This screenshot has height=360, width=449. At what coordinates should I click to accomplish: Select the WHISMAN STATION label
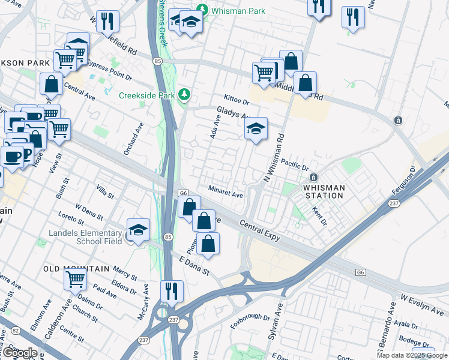click(325, 191)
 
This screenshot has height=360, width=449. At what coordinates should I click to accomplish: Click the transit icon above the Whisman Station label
click(313, 178)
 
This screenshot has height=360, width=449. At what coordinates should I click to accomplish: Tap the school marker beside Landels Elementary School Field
click(138, 230)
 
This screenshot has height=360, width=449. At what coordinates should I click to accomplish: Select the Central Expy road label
click(260, 230)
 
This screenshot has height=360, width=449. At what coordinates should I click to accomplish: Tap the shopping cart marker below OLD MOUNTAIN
click(76, 278)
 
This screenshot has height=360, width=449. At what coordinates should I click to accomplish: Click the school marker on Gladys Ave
click(256, 128)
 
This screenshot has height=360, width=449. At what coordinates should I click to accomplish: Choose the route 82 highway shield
click(15, 331)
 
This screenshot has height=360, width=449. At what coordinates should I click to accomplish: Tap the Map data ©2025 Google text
click(412, 355)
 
